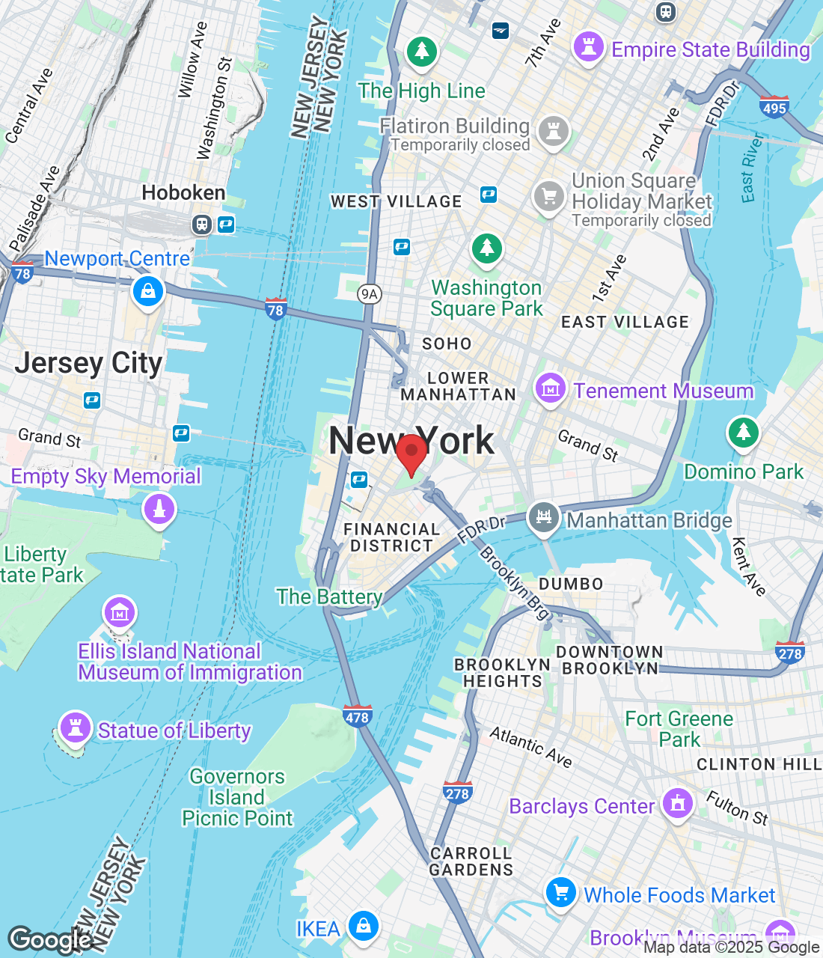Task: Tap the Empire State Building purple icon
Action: (588, 47)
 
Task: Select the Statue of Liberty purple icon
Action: (75, 727)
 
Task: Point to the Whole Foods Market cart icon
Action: (561, 892)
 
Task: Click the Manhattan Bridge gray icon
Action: (544, 517)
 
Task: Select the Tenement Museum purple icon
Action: (550, 388)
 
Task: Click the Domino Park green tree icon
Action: (743, 432)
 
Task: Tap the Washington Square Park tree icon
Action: (487, 248)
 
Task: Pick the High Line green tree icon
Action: (422, 52)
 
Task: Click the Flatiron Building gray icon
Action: (554, 131)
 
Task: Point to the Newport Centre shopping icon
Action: (148, 291)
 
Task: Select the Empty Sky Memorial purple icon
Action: (159, 510)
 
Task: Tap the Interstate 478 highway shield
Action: (358, 716)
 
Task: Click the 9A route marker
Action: (369, 294)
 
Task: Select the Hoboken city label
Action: (183, 193)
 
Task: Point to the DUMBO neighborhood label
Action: (571, 584)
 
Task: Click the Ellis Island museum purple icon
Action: (120, 613)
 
